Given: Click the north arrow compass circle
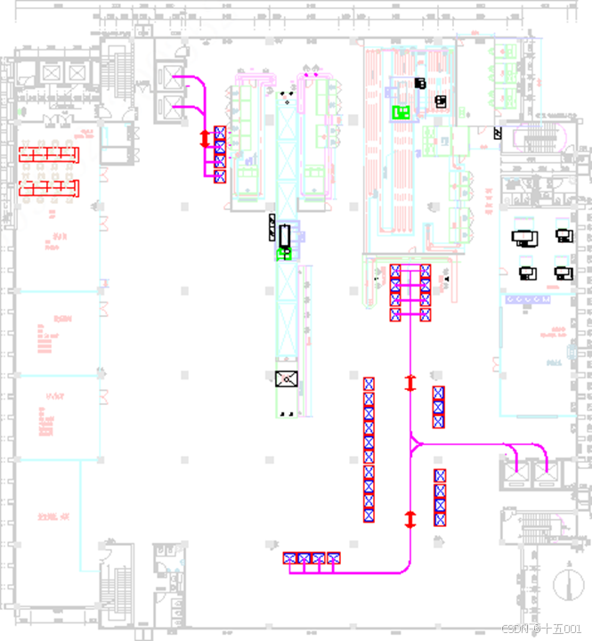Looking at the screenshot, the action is pyautogui.click(x=564, y=585).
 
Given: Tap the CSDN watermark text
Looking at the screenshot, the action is pyautogui.click(x=541, y=629).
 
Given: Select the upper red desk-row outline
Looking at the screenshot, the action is pyautogui.click(x=50, y=154).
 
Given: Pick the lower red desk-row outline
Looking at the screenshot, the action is pyautogui.click(x=50, y=188).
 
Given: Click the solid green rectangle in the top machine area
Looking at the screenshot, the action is pyautogui.click(x=401, y=112).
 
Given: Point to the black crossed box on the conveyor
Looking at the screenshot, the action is pyautogui.click(x=287, y=380).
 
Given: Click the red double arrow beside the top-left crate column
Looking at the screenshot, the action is pyautogui.click(x=204, y=138).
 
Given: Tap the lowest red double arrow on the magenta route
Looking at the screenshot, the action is pyautogui.click(x=410, y=519).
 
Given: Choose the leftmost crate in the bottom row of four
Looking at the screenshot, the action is pyautogui.click(x=290, y=559).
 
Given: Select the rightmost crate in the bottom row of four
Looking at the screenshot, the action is pyautogui.click(x=333, y=559).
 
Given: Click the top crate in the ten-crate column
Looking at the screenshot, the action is pyautogui.click(x=369, y=384).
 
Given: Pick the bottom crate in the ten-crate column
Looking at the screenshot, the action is pyautogui.click(x=369, y=515).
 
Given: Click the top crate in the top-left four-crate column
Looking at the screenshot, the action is pyautogui.click(x=220, y=134).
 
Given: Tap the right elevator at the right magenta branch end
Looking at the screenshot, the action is pyautogui.click(x=545, y=473).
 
